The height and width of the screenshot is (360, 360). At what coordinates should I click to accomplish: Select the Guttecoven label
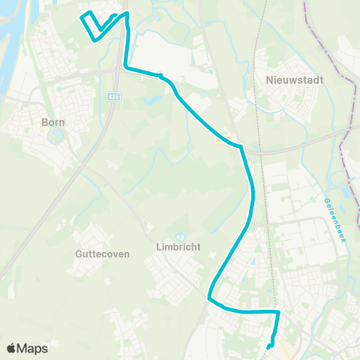(103, 253)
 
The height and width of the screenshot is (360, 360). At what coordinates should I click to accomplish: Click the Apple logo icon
(10, 348)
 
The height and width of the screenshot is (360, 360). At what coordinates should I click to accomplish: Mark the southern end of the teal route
(269, 346)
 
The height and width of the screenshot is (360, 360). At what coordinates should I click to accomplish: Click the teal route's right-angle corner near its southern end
(278, 311)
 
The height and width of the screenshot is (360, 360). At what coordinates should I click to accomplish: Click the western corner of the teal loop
(80, 15)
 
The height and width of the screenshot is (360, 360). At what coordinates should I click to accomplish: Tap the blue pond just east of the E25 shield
(147, 98)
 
